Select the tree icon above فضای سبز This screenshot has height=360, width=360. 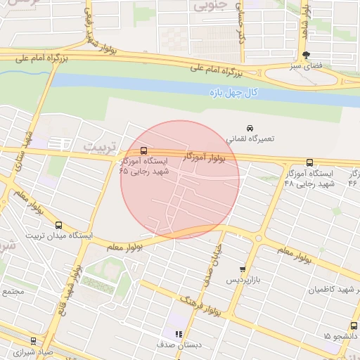click(x=305, y=55)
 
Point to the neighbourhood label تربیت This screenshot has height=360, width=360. click(x=97, y=146)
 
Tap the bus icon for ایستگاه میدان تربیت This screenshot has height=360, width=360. click(x=58, y=225)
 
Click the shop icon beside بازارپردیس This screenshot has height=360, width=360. click(x=243, y=269)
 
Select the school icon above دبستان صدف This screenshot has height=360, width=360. click(x=179, y=334)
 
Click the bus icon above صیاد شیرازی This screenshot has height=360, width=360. click(x=33, y=341)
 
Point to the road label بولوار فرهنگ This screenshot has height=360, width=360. click(x=200, y=304)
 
